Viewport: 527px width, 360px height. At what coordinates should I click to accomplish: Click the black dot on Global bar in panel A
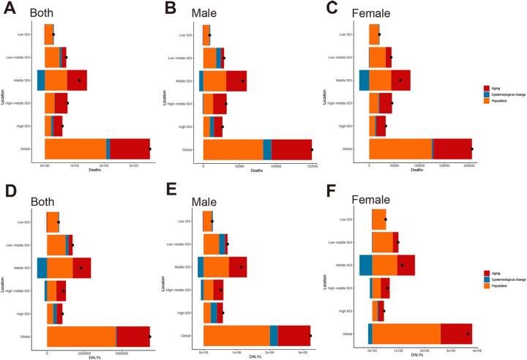tap(150, 149)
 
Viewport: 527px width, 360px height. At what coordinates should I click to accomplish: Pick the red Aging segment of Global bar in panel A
tap(130, 149)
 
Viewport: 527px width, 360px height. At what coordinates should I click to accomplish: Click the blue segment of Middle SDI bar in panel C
tap(364, 80)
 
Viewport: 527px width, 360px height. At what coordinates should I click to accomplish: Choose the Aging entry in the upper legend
tap(506, 88)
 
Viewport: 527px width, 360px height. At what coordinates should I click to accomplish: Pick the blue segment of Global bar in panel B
tap(267, 149)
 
